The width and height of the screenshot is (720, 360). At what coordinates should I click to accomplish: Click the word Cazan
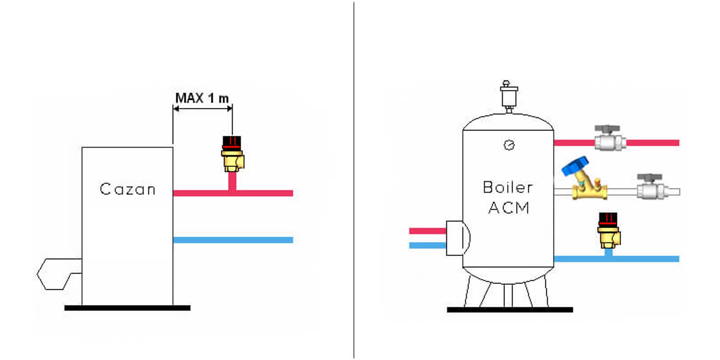[127, 189]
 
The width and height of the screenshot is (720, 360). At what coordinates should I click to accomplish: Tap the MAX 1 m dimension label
[202, 98]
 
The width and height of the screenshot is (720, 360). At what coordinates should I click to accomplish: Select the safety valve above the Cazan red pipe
[232, 154]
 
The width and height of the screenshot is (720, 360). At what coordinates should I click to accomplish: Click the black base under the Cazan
[127, 308]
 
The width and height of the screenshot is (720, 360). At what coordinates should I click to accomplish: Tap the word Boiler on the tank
[508, 187]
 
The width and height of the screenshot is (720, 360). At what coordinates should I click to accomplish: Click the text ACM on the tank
[509, 208]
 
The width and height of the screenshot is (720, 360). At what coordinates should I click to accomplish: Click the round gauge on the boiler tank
[509, 145]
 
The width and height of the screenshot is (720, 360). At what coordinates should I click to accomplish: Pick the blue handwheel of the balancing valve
[575, 166]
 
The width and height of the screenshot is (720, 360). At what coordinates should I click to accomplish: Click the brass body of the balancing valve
[590, 190]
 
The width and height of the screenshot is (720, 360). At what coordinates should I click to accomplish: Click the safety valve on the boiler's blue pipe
[608, 230]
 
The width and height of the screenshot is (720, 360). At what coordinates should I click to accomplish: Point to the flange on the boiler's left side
[456, 238]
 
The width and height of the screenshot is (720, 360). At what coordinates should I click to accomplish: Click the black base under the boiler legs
[509, 310]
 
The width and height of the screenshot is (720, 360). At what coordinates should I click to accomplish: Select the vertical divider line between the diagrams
[354, 180]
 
